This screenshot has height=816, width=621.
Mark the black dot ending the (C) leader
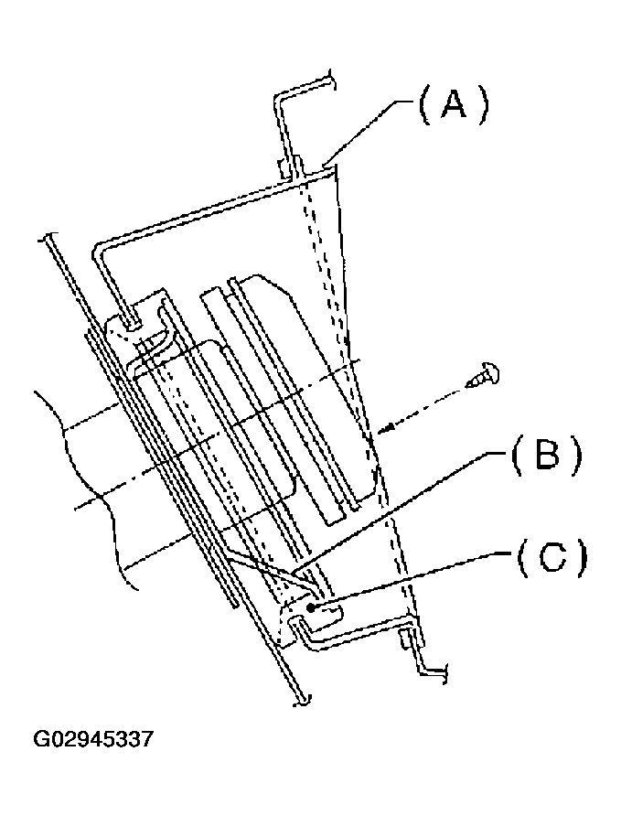(x=313, y=607)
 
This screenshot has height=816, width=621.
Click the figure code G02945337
(x=93, y=737)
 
